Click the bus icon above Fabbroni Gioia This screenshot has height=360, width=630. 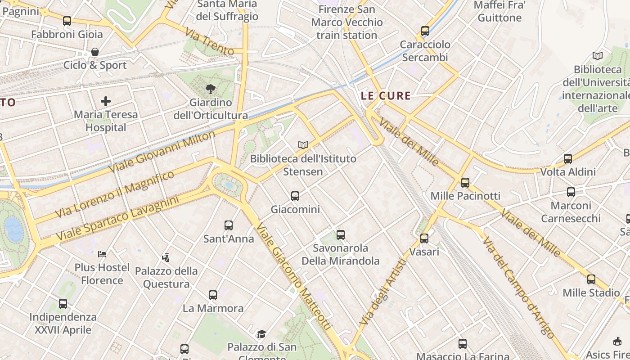pos(67,21)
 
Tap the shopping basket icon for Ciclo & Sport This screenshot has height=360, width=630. pos(95,52)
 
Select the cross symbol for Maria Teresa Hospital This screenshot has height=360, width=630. pos(106,101)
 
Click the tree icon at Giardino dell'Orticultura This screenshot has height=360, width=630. pos(210,89)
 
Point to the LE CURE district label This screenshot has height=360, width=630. pos(386,95)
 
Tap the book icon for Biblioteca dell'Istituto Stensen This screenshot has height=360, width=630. pos(303,145)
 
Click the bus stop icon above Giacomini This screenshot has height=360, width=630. pos(295,196)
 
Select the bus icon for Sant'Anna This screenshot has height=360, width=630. pos(229,225)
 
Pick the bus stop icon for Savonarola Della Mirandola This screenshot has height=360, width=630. pos(341,234)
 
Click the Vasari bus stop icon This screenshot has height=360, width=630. pos(424,238)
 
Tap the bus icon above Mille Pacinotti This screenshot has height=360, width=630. pos(465,182)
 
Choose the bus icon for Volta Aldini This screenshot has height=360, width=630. pos(568,158)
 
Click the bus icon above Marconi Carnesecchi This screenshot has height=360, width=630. pos(571,192)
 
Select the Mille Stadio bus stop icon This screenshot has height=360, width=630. pos(591,279)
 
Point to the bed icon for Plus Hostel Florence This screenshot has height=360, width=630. pos(102,254)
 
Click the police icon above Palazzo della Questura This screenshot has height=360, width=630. pos(166,257)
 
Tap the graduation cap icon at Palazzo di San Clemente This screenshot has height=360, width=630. pos(261,334)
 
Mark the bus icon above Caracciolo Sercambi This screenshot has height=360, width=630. pos(425,31)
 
